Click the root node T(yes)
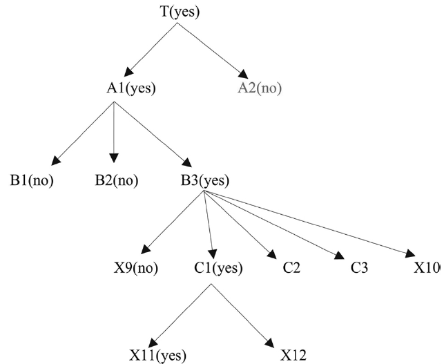coord(177,11)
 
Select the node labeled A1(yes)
coord(128,89)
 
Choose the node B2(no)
coord(116,182)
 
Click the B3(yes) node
coord(204,182)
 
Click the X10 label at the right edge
coord(429,269)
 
